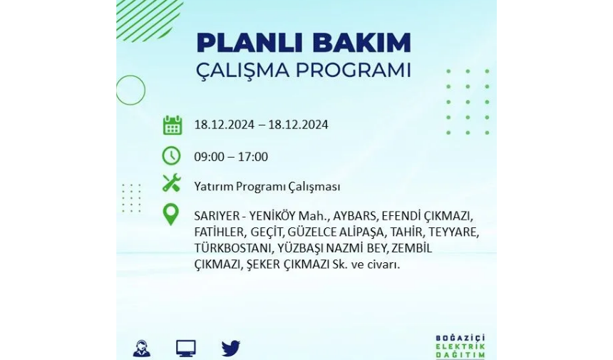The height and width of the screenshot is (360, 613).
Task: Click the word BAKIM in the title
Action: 362,43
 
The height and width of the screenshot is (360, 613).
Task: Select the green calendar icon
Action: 172,125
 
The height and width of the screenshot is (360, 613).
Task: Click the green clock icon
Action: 171,156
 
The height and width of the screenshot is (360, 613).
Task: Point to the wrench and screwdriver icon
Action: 171,182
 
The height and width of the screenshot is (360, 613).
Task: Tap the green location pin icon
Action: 171,214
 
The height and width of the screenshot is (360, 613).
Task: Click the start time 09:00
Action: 209,157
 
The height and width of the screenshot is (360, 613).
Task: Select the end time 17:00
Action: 253,157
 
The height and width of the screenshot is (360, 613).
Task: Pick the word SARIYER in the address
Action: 217,216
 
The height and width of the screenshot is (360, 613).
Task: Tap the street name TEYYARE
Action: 454,232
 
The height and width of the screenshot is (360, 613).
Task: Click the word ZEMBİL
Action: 412,248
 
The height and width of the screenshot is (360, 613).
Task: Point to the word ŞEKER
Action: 263,264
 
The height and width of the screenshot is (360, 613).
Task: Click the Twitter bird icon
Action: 231,348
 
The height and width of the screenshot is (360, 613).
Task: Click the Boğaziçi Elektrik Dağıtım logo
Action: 460,346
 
